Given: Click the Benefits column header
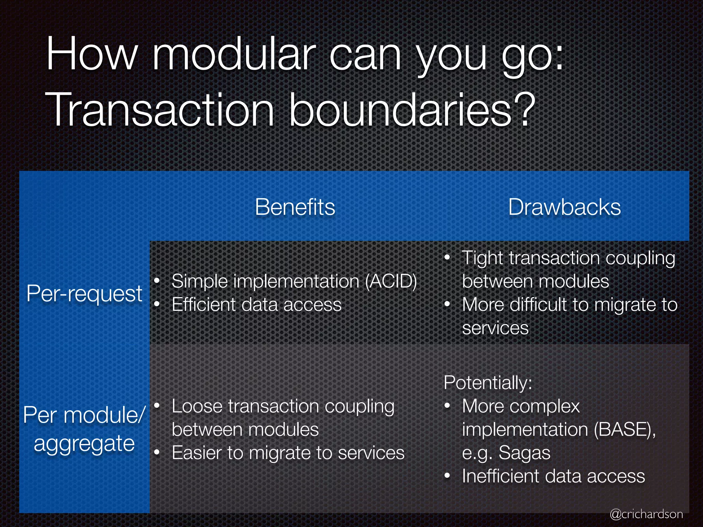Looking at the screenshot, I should point(295,207).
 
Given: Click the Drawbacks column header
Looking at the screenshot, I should point(564,207).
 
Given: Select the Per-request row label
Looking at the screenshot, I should point(84,294).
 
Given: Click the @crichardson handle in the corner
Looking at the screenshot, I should point(646,514).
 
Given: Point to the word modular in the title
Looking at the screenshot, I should point(233,55).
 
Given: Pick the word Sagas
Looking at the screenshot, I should point(525,453).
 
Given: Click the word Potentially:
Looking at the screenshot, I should point(487,383).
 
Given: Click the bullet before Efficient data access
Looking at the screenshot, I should point(157,304).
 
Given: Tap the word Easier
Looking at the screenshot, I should point(197,453).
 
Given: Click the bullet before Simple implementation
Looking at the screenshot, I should point(157,281).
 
